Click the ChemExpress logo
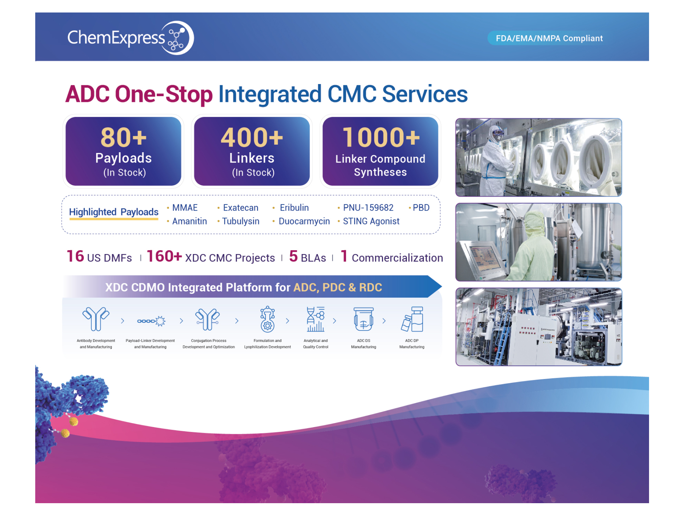pos(131,38)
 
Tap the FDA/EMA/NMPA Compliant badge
pos(549,38)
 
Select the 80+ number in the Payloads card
pos(124,137)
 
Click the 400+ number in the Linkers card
pos(252,137)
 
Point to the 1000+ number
pos(381,137)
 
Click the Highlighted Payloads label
pos(114,212)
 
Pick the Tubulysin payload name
pos(241,221)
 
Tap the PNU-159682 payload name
pos(368,208)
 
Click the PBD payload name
pos(421,208)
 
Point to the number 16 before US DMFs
pos(75,256)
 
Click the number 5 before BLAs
pos(293,256)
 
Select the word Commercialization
pos(397,258)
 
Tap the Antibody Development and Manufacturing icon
pos(96,319)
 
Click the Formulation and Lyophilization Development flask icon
pos(267,319)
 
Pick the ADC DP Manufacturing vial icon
pos(412,319)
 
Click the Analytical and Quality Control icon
pos(316,319)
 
